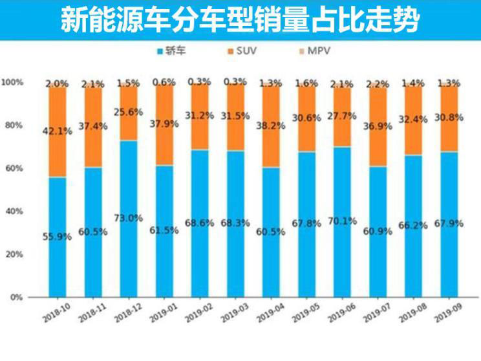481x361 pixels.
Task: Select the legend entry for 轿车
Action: (x=174, y=50)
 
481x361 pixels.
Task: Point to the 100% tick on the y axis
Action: (x=12, y=83)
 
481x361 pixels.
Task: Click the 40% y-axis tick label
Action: (x=14, y=212)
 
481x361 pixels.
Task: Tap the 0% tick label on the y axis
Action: (x=16, y=298)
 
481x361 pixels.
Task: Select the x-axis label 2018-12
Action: (x=128, y=312)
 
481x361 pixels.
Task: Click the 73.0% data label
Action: (x=129, y=218)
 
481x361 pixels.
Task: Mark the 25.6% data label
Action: (x=129, y=111)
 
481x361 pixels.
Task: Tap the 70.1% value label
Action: (x=342, y=221)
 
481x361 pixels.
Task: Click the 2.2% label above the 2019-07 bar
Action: (x=378, y=84)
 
